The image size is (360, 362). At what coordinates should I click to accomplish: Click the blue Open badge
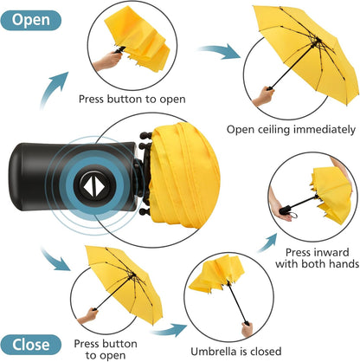(x=31, y=20)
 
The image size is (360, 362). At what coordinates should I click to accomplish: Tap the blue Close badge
(x=31, y=345)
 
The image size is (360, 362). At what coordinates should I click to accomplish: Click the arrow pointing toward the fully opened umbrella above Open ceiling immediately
(x=220, y=51)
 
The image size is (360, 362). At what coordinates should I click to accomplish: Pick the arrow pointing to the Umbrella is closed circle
(x=170, y=329)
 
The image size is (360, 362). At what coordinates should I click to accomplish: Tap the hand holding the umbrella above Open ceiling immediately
(x=263, y=97)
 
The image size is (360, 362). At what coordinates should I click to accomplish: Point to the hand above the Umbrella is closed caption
(x=247, y=330)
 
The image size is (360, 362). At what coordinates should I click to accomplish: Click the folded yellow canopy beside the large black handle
(x=184, y=175)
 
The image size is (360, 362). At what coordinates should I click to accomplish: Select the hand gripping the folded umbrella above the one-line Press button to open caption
(x=108, y=61)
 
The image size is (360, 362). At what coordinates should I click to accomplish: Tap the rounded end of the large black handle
(x=15, y=176)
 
